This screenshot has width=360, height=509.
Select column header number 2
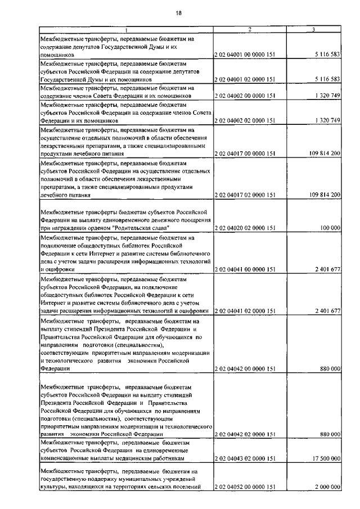pos(250,30)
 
